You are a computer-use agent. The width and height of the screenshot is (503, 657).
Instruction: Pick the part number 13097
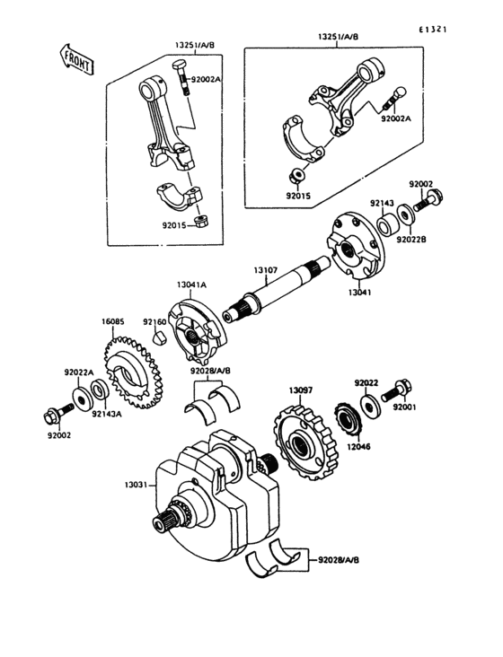pyautogui.click(x=300, y=390)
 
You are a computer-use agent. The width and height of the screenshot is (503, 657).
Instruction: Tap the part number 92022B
pyautogui.click(x=411, y=239)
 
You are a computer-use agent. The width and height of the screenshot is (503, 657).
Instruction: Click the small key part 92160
pyautogui.click(x=158, y=338)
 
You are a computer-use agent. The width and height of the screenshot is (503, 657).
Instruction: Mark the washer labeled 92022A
pyautogui.click(x=79, y=397)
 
